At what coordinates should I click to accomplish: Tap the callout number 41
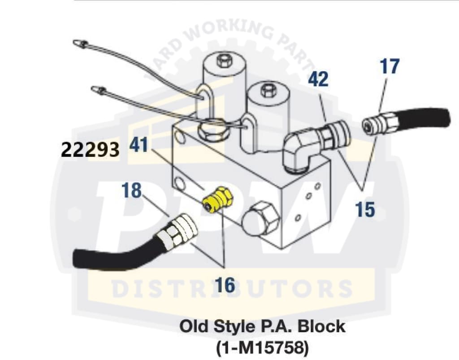[x=140, y=146]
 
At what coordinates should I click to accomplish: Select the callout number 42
[x=318, y=79]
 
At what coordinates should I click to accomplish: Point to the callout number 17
[x=390, y=66]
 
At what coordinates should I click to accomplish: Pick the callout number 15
[x=365, y=209]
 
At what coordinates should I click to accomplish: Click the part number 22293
[x=90, y=149]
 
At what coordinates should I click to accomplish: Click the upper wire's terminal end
[x=79, y=43]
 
